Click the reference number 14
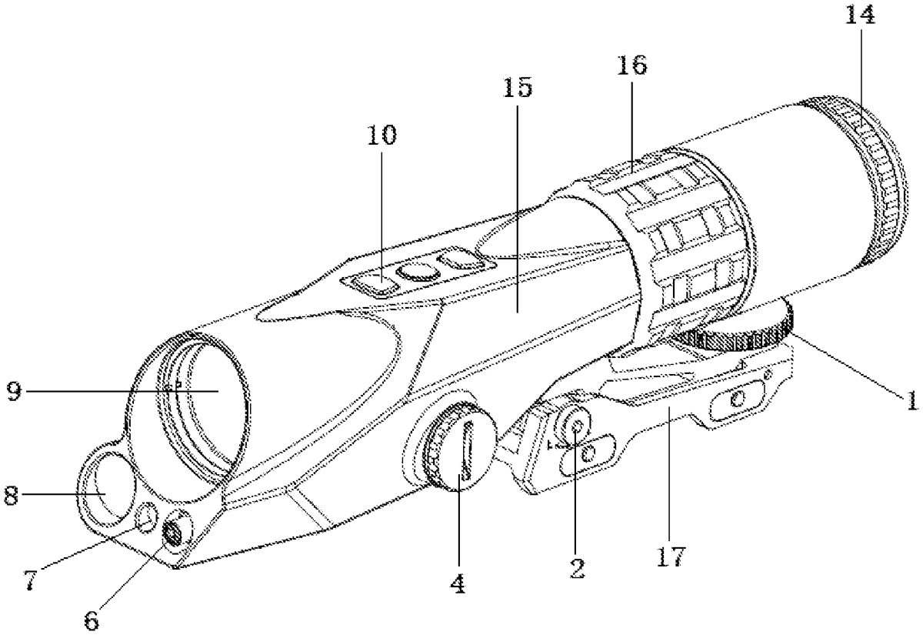click(858, 18)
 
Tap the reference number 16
click(631, 66)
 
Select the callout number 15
click(516, 89)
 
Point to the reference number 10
click(382, 136)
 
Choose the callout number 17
click(671, 555)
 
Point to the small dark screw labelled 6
click(172, 531)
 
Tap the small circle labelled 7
click(144, 520)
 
